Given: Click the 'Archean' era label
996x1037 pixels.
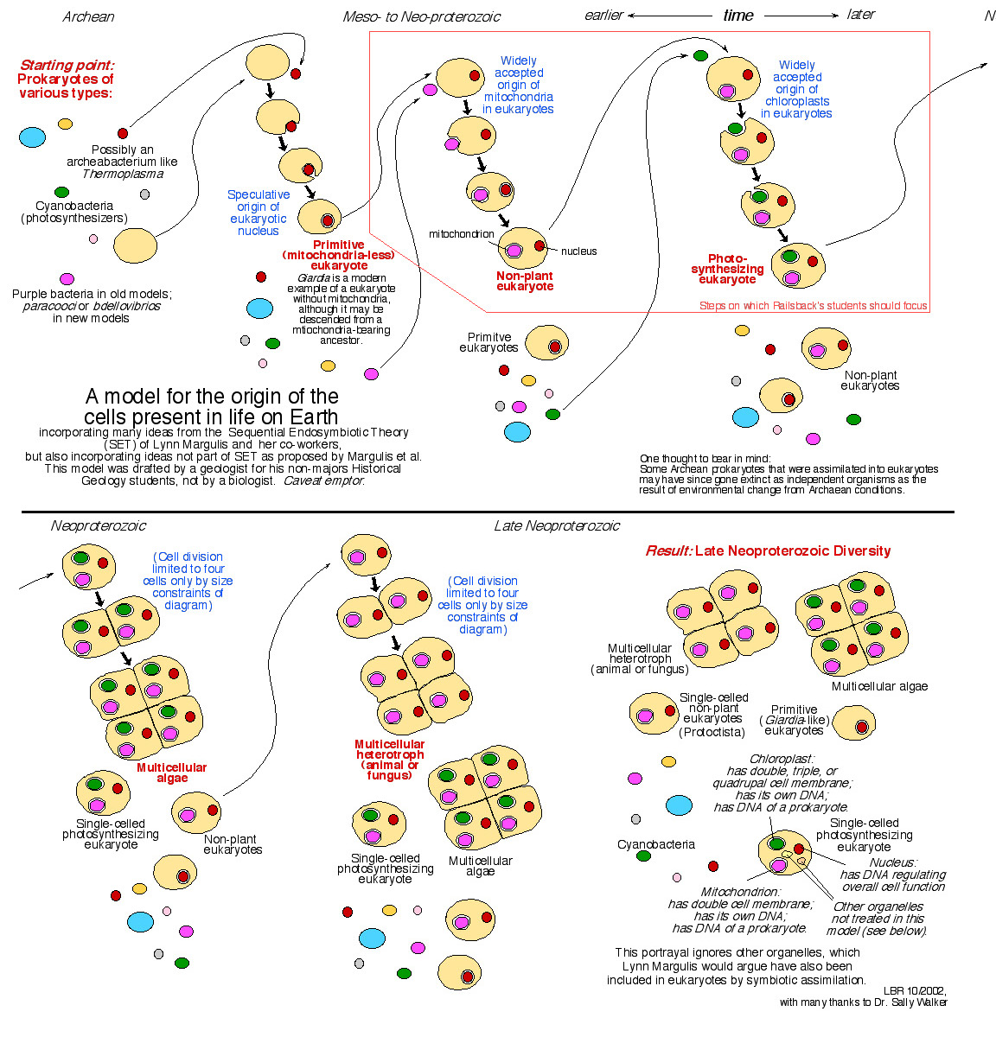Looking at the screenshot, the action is pos(88,16).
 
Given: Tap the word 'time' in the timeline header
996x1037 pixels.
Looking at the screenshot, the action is pos(738,16).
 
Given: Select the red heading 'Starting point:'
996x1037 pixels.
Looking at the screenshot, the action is pos(67,65).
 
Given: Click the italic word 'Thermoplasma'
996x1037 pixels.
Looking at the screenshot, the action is pos(123,174).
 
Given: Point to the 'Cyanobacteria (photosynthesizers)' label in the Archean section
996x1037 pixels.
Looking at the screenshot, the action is pos(74,212).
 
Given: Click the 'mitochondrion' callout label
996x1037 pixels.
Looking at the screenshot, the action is pos(461,234).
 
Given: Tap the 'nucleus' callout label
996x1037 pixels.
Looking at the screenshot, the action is pos(578,251).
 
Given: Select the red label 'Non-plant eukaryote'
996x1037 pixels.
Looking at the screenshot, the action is pos(525,281).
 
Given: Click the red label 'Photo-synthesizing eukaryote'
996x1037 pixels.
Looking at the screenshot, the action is pos(727,269).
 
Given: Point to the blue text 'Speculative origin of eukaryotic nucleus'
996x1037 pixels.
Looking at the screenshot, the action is pos(258,212).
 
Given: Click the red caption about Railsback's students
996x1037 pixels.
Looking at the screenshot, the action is pos(813,305).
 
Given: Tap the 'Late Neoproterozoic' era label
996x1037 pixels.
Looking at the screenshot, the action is pos(557,525).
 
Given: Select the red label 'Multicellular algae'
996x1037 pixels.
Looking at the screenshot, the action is pos(172,773).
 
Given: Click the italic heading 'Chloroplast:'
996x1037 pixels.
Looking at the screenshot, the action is pos(782,758).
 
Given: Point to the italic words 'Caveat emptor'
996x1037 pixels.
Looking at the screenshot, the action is pos(323,480).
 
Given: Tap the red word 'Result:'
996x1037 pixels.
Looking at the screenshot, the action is pos(668,550).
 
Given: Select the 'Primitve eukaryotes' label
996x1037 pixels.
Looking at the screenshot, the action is pos(489,342).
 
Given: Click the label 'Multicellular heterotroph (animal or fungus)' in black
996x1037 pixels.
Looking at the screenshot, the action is pos(639,658).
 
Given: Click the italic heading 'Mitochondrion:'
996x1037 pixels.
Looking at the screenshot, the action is pos(739,892).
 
